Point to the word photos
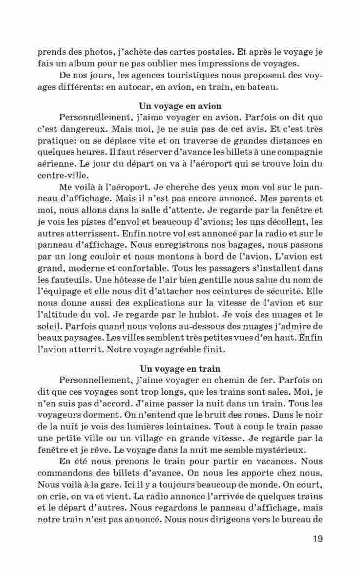tap(102, 52)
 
